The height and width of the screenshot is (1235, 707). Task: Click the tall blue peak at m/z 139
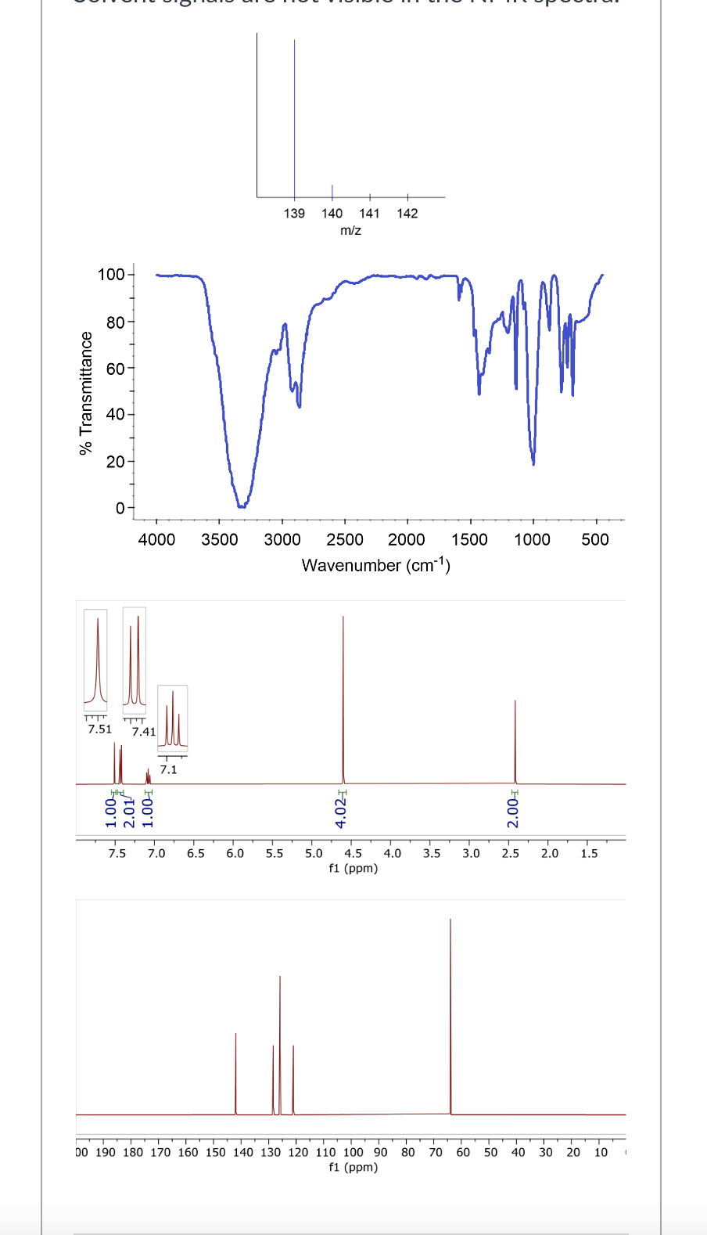[x=294, y=117]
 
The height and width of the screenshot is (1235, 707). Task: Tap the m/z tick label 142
[x=407, y=213]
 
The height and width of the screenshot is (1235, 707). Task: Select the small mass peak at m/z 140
[x=332, y=191]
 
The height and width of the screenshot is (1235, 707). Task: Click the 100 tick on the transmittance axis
[x=110, y=275]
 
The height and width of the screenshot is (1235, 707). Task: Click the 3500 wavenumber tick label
[x=219, y=539]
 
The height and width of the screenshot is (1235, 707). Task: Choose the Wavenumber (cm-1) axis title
[x=375, y=564]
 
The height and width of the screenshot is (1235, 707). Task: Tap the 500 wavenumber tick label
[x=595, y=539]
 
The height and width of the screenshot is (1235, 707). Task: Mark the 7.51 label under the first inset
[x=99, y=729]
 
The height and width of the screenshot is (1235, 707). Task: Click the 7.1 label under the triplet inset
[x=168, y=769]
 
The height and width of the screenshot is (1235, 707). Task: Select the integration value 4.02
[x=341, y=810]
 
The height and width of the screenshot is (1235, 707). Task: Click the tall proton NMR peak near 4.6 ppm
[x=343, y=697]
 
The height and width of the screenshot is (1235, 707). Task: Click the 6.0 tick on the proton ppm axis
[x=235, y=853]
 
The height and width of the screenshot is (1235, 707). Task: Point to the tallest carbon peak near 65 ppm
[x=450, y=1017]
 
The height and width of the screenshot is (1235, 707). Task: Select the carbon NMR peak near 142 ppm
[x=235, y=1072]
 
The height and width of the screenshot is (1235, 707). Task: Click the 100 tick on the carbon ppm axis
[x=353, y=1152]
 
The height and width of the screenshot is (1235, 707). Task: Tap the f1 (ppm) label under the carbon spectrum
[x=353, y=1167]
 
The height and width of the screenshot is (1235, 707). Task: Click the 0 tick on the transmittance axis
[x=120, y=508]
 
